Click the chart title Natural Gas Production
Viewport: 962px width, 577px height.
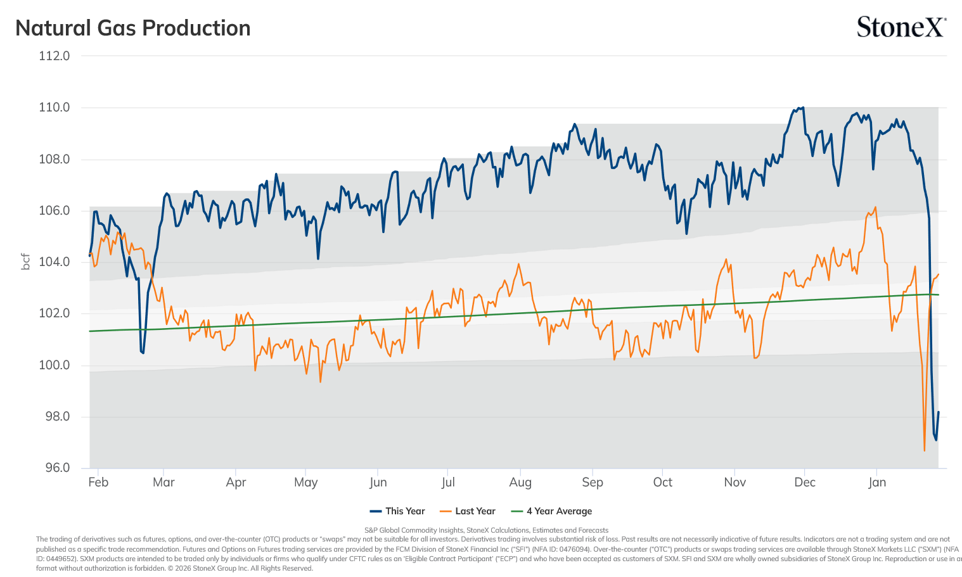(x=132, y=28)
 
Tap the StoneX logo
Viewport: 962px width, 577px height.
(x=901, y=27)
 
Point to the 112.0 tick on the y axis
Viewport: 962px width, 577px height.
(x=54, y=56)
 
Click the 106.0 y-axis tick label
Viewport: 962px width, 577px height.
(x=54, y=211)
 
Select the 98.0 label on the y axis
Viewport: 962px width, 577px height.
(x=58, y=416)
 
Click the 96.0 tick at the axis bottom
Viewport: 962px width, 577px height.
(x=58, y=467)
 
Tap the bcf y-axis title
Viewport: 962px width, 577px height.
(x=26, y=262)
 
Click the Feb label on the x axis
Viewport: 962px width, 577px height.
(x=98, y=482)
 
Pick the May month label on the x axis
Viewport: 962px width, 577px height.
(x=306, y=483)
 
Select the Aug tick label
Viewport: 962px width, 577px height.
(x=520, y=483)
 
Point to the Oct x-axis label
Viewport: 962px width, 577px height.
(x=663, y=482)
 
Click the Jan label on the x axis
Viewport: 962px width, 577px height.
(x=877, y=482)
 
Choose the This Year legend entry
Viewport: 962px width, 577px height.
(x=397, y=511)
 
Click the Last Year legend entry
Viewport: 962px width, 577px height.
(x=468, y=511)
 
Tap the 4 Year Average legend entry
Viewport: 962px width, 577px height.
(x=551, y=511)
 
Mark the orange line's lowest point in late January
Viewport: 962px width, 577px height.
(x=924, y=450)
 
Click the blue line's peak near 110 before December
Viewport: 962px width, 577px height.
(x=803, y=107)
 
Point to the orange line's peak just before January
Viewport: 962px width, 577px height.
(x=875, y=207)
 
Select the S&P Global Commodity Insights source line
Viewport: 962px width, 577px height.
(x=486, y=530)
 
